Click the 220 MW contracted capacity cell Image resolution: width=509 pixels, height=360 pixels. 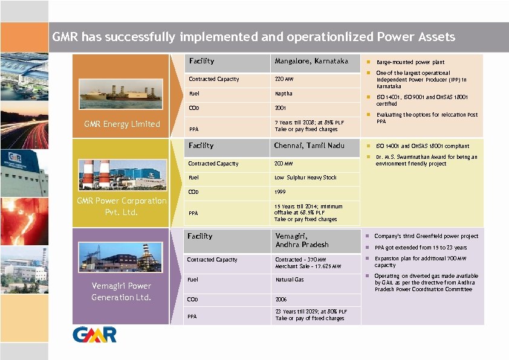point(284,79)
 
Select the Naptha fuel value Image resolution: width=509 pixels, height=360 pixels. point(284,94)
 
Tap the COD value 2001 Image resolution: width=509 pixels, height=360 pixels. point(280,109)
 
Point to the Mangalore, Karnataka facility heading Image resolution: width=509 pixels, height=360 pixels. point(311,62)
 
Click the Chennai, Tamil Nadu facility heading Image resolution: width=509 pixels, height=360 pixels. point(309,146)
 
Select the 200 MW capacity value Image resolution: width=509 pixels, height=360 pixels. point(284,164)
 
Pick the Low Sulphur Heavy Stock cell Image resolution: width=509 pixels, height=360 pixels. point(305,178)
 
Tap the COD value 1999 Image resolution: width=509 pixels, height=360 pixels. point(280,192)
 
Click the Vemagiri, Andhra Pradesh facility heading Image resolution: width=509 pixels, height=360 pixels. point(302,240)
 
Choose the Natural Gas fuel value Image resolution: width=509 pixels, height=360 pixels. point(290,280)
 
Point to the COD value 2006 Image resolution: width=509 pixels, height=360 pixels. point(282,299)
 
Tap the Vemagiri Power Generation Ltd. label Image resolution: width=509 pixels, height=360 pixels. point(121,291)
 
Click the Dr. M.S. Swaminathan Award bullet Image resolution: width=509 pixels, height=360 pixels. point(426,160)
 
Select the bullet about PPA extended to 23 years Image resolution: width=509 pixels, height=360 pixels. point(420,248)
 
